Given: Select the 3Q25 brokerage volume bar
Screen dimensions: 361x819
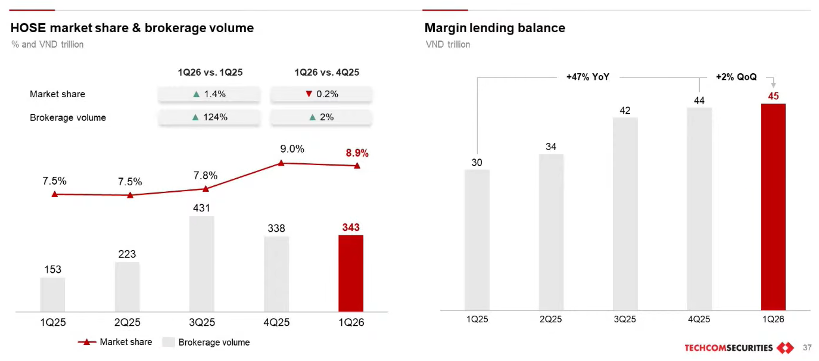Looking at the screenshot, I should (202, 263).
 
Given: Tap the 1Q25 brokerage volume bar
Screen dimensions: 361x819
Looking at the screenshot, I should (52, 294).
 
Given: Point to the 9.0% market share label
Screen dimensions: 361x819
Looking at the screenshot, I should (292, 149).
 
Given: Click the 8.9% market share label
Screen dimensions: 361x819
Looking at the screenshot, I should (357, 153).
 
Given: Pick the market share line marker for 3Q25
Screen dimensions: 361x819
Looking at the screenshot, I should (205, 189).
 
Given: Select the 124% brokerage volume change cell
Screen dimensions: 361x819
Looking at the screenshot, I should (209, 117).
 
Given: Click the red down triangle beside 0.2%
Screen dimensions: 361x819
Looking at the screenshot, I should (309, 94).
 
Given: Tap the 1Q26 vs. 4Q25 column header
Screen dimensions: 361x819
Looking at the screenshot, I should (327, 72).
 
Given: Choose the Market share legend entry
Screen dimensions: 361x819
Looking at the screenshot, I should (115, 342).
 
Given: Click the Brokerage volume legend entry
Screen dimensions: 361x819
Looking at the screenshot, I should (206, 342).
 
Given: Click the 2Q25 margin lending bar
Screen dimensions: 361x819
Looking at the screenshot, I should (551, 232).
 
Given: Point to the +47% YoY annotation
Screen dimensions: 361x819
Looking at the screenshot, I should (588, 77).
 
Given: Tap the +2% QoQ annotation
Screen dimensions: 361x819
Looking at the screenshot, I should (736, 77).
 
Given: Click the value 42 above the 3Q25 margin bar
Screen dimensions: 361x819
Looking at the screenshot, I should (625, 110).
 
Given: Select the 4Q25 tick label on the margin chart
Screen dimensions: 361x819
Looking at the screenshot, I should (699, 319).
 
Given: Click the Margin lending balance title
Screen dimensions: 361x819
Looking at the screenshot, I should (495, 28).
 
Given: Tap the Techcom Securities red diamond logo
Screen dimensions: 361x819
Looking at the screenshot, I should (786, 347).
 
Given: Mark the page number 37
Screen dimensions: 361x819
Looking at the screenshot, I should (807, 347).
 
